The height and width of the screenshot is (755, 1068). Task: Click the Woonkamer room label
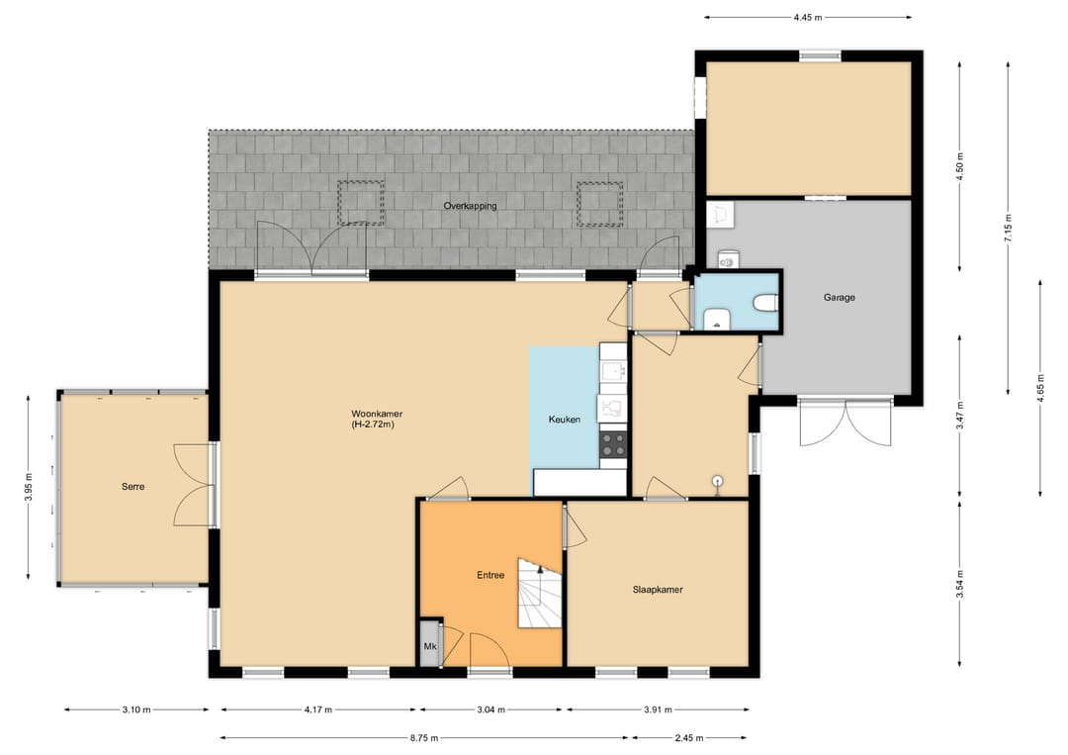click(377, 414)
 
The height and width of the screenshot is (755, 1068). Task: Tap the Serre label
click(133, 487)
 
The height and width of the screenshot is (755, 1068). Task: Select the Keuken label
click(565, 420)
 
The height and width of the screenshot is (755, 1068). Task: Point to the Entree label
click(490, 575)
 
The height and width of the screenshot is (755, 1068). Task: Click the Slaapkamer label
click(658, 590)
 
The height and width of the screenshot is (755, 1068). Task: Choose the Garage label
click(840, 297)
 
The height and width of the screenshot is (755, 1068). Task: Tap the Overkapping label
click(470, 206)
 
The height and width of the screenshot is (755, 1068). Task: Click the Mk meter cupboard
click(430, 643)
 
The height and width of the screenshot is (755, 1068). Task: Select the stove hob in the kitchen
click(613, 444)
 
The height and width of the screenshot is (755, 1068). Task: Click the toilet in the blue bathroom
click(765, 301)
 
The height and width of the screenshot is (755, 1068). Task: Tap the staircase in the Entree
click(540, 593)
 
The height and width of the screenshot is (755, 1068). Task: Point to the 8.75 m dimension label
click(424, 737)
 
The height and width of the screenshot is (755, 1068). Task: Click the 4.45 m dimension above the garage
click(808, 18)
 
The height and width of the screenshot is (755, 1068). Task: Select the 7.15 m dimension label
click(1008, 228)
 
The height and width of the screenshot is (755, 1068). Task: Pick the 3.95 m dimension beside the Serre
click(28, 487)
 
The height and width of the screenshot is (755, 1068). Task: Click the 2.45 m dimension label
click(689, 737)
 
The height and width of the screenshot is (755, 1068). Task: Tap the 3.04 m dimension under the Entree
click(490, 709)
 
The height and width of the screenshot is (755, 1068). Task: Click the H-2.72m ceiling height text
click(373, 425)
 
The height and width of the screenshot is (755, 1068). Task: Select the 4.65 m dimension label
click(1040, 389)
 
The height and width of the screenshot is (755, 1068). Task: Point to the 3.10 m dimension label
click(136, 709)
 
